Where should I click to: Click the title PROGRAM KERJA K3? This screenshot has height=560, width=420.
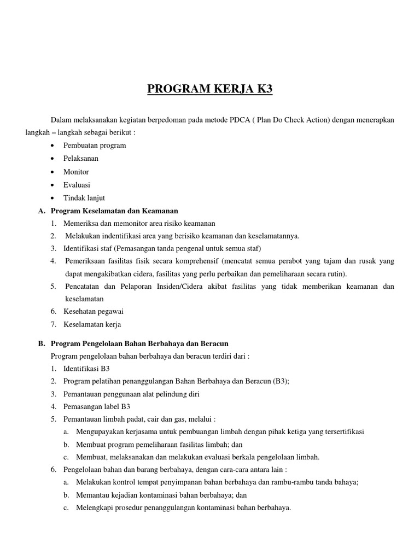[x=209, y=89]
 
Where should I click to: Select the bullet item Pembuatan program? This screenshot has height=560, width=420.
[x=95, y=145]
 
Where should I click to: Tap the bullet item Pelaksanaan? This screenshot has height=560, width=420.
[x=81, y=159]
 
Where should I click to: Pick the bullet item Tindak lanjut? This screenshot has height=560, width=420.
[x=84, y=197]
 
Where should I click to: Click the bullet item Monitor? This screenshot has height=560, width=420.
[x=76, y=172]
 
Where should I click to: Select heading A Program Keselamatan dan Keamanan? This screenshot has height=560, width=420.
[x=114, y=211]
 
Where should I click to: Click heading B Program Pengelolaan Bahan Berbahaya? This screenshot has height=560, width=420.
[x=139, y=343]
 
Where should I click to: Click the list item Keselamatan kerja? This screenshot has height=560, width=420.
[x=92, y=324]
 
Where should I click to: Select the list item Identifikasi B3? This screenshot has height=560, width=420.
[x=86, y=369]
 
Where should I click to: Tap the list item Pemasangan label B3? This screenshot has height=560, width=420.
[x=97, y=406]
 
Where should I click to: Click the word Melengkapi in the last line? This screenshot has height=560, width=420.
[x=95, y=507]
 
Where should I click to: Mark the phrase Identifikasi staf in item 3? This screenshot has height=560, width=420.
[x=87, y=249]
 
